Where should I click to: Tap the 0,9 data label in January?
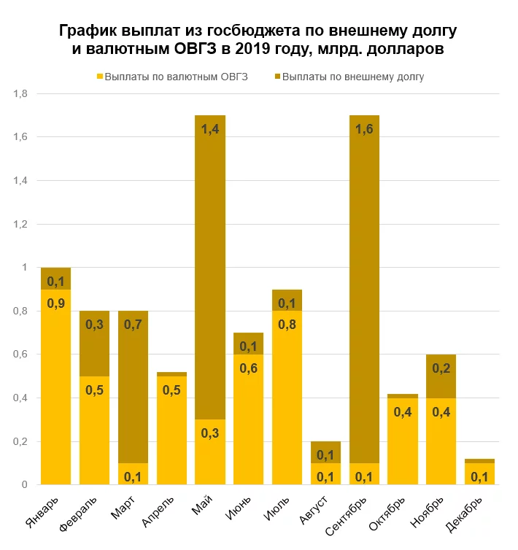pos(55,303)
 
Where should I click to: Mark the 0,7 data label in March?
pos(133,325)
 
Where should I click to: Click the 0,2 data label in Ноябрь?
pos(441,369)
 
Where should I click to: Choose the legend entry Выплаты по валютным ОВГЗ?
pos(171,76)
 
